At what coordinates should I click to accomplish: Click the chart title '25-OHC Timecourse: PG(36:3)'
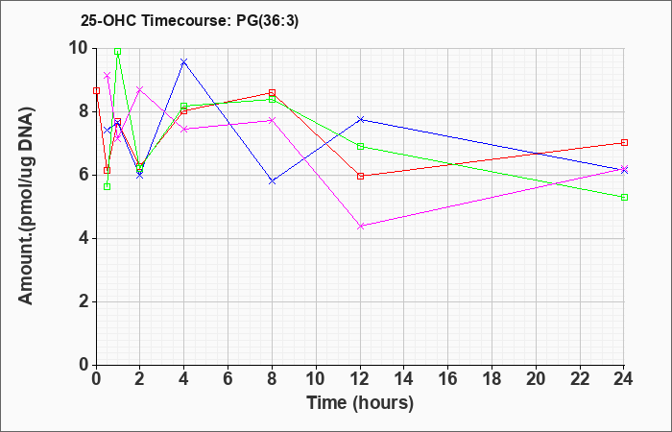coord(189,20)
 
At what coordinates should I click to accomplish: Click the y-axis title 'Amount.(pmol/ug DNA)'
coord(27,206)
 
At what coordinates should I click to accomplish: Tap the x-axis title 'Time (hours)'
coord(360,403)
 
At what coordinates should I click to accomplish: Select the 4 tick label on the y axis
coord(84,239)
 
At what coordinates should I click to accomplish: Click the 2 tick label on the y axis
coord(84,302)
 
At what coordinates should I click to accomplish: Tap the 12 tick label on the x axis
coord(360,379)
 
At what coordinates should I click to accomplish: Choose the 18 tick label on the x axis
coord(492,379)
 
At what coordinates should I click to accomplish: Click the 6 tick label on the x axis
coord(228,379)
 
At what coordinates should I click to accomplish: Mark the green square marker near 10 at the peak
coord(118,52)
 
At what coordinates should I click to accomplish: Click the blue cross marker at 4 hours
coord(184,62)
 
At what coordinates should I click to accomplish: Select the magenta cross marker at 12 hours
coord(360,227)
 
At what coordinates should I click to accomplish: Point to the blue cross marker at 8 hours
coord(272,181)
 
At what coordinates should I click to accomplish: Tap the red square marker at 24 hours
coord(624,143)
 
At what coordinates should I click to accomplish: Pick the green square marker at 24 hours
coord(624,197)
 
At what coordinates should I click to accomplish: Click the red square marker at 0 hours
coord(96,91)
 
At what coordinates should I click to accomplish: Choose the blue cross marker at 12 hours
coord(360,119)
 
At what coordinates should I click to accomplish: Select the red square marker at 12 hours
coord(360,176)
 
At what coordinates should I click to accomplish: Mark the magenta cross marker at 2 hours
coord(140,89)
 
